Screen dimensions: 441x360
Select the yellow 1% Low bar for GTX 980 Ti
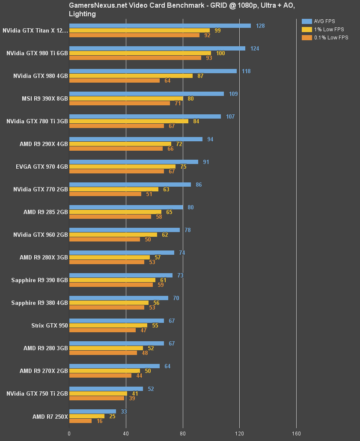140,53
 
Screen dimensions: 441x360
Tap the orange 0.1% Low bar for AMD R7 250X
80,421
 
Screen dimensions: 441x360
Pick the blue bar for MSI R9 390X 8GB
146,94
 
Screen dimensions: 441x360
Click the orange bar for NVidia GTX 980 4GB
114,80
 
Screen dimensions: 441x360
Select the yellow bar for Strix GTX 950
108,325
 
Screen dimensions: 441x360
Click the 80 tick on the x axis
183,433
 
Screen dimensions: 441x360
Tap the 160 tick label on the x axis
296,433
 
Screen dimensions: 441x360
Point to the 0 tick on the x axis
69,433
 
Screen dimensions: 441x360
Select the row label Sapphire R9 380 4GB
39,303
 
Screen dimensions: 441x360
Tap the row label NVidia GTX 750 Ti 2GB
37,393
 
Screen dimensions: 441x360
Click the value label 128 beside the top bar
260,26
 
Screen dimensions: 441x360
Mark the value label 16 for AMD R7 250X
99,421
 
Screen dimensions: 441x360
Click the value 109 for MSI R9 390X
233,94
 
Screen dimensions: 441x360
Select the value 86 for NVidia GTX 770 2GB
199,185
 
